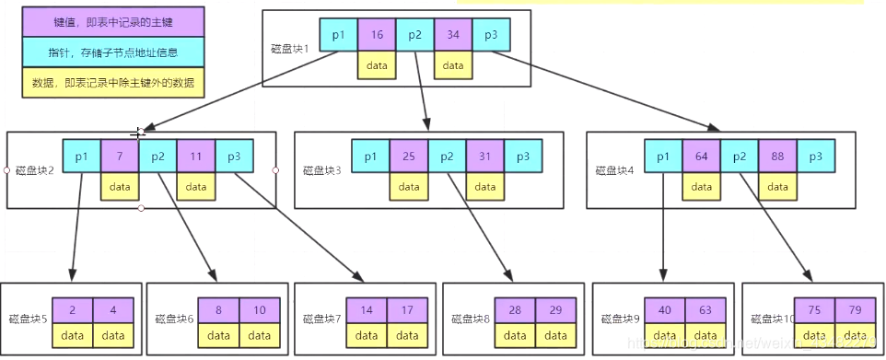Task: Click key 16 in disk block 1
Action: [377, 34]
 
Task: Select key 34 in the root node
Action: [452, 34]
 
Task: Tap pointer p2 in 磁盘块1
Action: [414, 34]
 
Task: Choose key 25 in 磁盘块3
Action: [408, 157]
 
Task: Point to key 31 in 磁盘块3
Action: [484, 157]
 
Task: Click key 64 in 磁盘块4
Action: [701, 156]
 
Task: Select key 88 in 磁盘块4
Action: [777, 156]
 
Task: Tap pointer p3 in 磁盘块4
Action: [815, 156]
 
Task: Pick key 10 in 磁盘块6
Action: [260, 310]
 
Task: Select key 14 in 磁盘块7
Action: [367, 310]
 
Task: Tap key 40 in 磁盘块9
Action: [664, 310]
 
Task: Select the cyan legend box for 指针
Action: [113, 52]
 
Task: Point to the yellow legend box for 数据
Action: [113, 83]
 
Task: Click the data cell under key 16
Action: [377, 65]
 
